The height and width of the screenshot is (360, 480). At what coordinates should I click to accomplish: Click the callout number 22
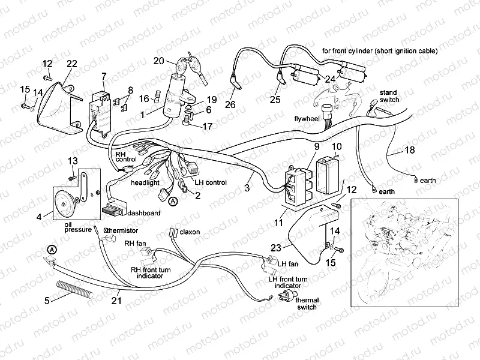pos(71,64)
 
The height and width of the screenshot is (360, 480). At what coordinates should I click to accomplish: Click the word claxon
pos(190,231)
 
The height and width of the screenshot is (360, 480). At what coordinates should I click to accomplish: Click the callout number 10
pos(337,146)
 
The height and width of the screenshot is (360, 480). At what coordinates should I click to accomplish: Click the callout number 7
pos(104,76)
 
